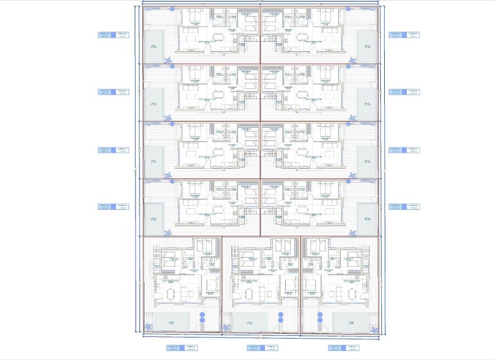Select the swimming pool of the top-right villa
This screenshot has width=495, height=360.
click(x=367, y=47)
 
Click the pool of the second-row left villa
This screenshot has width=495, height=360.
click(x=154, y=104)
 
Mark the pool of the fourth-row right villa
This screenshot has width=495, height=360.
click(x=367, y=219)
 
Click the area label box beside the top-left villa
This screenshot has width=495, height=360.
click(x=114, y=35)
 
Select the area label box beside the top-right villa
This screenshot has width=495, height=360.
click(x=405, y=35)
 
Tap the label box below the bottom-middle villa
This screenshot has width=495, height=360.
click(x=262, y=348)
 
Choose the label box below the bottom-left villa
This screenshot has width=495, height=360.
click(x=183, y=348)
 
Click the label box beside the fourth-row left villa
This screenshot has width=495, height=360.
click(x=114, y=206)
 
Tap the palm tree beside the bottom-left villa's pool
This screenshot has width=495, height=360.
click(x=148, y=326)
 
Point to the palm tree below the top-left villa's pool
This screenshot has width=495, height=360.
click(x=167, y=60)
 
